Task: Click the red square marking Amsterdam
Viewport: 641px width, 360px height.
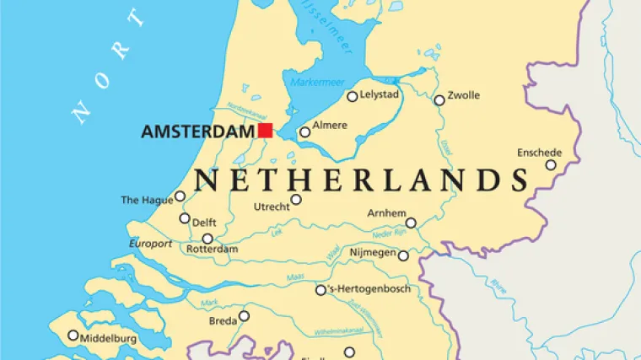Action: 265,130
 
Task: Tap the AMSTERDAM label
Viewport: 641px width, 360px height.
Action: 197,132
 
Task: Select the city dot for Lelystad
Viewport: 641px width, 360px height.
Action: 353,97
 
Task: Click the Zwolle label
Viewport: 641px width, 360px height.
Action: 464,95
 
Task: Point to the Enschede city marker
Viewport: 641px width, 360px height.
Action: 551,165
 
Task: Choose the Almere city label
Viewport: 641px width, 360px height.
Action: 330,126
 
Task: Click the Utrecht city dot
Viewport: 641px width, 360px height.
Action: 296,200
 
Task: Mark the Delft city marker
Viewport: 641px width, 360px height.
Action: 185,218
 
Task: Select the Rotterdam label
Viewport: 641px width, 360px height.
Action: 213,250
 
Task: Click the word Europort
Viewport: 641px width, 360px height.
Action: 150,244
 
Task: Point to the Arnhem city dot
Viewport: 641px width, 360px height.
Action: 411,223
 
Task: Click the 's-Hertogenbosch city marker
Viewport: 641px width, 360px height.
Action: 320,290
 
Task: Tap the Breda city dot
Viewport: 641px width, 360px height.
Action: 244,316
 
